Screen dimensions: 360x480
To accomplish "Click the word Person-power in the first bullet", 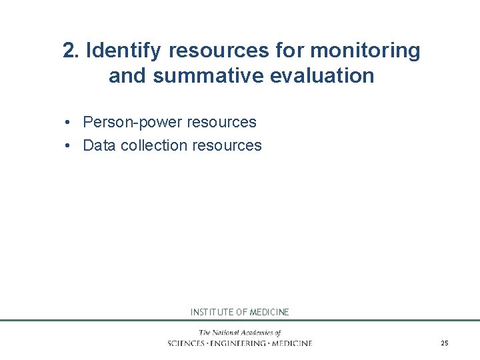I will tap(132, 122).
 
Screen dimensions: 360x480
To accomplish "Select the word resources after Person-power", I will tap(222, 122).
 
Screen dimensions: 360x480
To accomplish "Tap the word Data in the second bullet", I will tap(99, 145).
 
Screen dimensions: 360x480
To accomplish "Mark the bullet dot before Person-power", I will tap(69, 123).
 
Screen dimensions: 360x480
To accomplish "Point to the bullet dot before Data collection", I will tap(69, 146).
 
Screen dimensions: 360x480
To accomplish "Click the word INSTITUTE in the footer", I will tap(211, 312).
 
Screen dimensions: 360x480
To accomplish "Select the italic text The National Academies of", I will tap(239, 333).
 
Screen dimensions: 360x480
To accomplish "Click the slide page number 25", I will tap(445, 343).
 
